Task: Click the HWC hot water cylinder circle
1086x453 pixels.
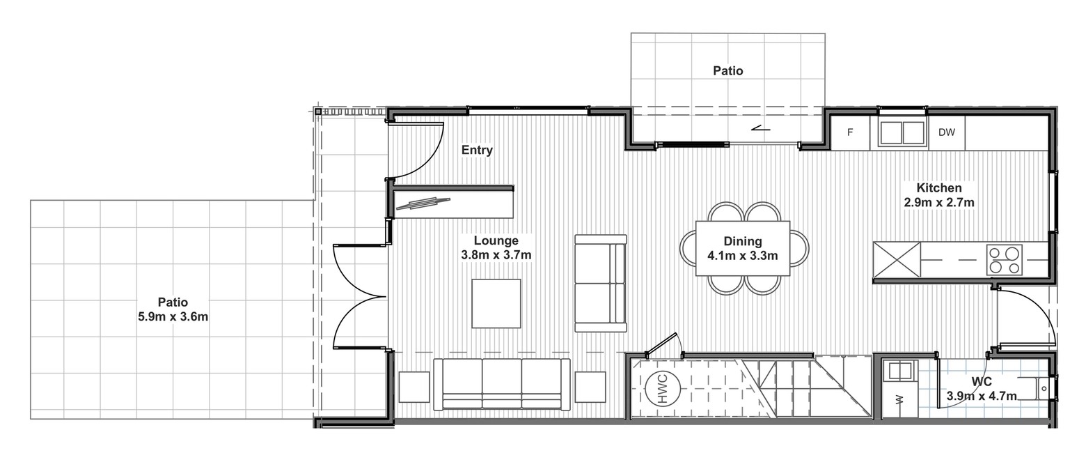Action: (x=663, y=388)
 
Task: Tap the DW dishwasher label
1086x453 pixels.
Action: (x=946, y=132)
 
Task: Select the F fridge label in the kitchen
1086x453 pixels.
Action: (x=850, y=132)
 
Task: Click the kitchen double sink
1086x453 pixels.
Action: (x=902, y=132)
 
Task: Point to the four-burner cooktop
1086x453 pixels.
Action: (x=1004, y=260)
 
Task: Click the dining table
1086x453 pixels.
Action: (x=742, y=249)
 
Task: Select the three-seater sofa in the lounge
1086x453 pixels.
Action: (x=502, y=385)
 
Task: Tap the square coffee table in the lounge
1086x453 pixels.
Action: (x=496, y=303)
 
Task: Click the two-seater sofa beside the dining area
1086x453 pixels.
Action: (x=601, y=284)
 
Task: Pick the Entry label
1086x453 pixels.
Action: (x=477, y=150)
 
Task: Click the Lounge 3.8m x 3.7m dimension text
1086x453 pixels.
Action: (x=496, y=247)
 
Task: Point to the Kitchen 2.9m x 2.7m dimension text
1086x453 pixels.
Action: (x=939, y=195)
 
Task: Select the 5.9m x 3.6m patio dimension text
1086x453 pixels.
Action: (x=173, y=317)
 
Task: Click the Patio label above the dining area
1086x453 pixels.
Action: (x=727, y=71)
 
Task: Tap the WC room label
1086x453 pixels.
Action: (x=982, y=382)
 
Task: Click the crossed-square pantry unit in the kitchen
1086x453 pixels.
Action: (x=897, y=260)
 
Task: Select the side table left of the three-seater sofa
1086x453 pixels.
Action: (x=414, y=387)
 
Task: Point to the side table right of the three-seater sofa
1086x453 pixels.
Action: (x=590, y=387)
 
